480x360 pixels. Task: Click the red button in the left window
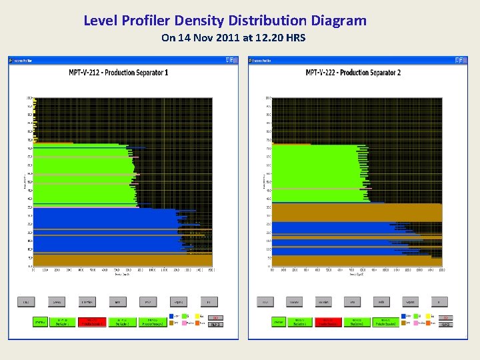pyautogui.click(x=92, y=322)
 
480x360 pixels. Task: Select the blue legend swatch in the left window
pyautogui.click(x=173, y=316)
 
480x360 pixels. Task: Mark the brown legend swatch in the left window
pyautogui.click(x=173, y=324)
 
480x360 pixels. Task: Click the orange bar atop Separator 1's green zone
pyautogui.click(x=53, y=143)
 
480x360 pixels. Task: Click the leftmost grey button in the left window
pyautogui.click(x=25, y=302)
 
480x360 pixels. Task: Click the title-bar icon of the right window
pyautogui.click(x=252, y=60)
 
